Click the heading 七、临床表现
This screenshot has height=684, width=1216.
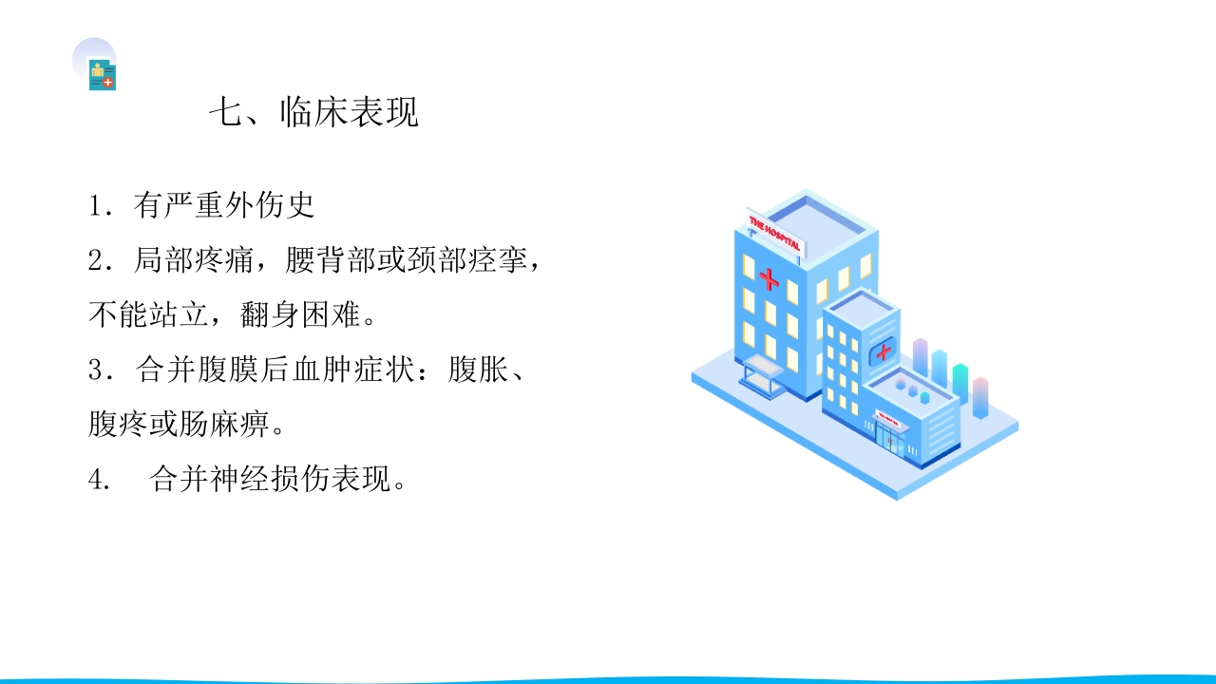click(313, 113)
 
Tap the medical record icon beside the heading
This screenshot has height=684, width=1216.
click(102, 75)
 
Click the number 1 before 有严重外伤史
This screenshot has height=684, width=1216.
click(96, 206)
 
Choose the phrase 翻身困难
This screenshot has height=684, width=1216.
click(300, 315)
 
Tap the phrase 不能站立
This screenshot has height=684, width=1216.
click(147, 315)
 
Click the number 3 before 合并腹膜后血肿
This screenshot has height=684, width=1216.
click(96, 370)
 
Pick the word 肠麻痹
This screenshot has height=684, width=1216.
click(237, 425)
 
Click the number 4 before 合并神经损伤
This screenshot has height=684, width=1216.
click(96, 481)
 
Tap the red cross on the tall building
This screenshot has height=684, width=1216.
click(769, 280)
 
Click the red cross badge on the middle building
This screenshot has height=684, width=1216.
click(883, 352)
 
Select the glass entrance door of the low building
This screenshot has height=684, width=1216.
click(890, 439)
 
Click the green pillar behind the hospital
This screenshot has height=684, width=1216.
click(959, 386)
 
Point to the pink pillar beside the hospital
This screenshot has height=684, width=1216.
click(980, 397)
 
